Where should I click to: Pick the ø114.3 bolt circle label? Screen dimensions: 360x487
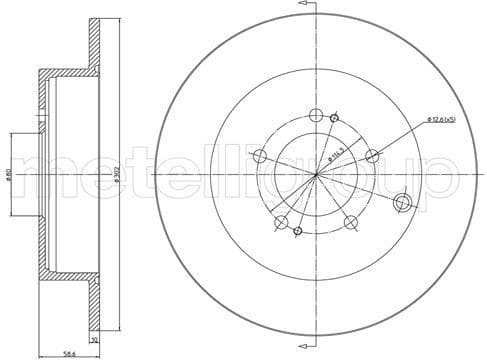pyautogui.click(x=333, y=155)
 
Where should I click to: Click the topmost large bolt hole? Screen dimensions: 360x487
pyautogui.click(x=316, y=114)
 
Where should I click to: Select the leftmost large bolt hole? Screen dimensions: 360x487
pyautogui.click(x=260, y=155)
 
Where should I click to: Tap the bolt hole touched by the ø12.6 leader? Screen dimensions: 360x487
pyautogui.click(x=373, y=155)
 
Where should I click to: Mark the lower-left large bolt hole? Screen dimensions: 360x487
pyautogui.click(x=281, y=222)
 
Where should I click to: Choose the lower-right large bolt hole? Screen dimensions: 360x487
pyautogui.click(x=351, y=222)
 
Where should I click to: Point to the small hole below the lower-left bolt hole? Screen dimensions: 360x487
pyautogui.click(x=297, y=232)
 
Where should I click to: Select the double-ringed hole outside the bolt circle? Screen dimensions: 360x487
pyautogui.click(x=405, y=202)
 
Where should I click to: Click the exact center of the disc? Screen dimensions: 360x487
pyautogui.click(x=316, y=174)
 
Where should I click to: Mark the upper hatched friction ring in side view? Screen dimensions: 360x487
pyautogui.click(x=93, y=46)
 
